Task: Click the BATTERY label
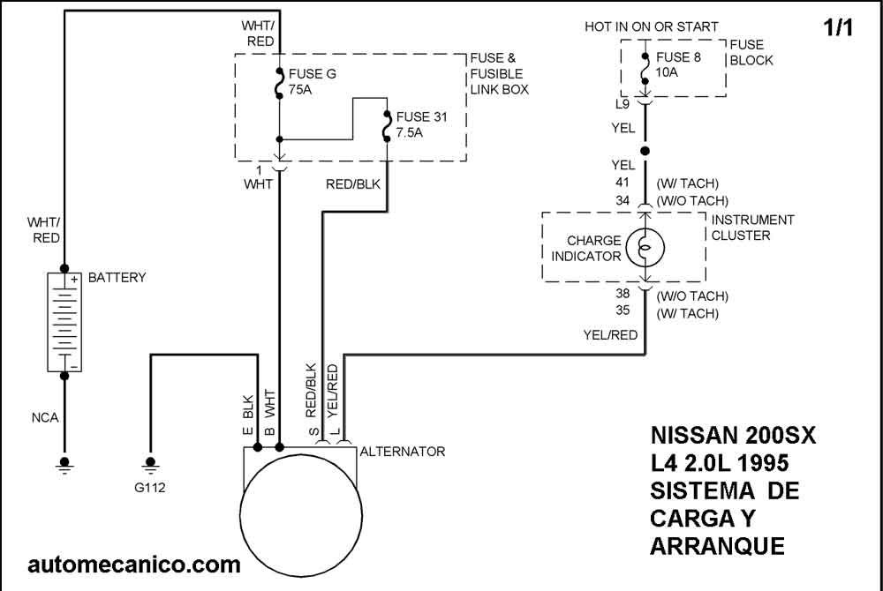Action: click(x=117, y=278)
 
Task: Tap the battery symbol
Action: click(x=64, y=321)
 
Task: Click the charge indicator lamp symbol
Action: click(x=645, y=248)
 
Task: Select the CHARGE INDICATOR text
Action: click(x=586, y=248)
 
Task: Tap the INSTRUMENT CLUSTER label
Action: click(x=752, y=228)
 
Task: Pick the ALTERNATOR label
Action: click(x=402, y=452)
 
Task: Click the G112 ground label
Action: click(x=151, y=486)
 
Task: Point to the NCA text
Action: click(x=44, y=417)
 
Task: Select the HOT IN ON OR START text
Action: click(x=652, y=27)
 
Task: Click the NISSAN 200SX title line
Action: click(x=734, y=437)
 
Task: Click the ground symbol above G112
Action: click(x=151, y=462)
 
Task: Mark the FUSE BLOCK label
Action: click(x=751, y=52)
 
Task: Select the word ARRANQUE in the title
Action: click(x=717, y=546)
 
